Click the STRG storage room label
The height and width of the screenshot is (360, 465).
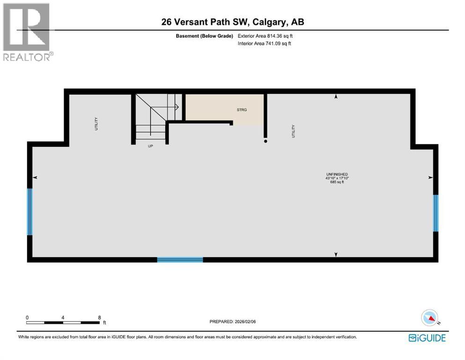(x=241, y=110)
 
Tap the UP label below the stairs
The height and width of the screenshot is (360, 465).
(x=150, y=146)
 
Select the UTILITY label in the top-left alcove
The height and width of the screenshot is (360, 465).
(x=96, y=123)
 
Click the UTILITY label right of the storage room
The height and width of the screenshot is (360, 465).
(x=294, y=130)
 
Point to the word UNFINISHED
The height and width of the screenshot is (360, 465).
(x=337, y=174)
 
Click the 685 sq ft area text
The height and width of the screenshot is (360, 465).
(x=337, y=182)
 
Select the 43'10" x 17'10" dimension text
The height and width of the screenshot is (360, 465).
(x=337, y=178)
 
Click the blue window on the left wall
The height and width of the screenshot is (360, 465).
(x=30, y=212)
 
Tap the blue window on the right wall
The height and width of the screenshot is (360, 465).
(x=435, y=213)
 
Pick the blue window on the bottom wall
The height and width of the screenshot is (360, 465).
(x=180, y=259)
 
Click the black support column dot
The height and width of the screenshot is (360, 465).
(x=266, y=141)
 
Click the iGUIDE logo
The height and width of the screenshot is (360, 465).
(x=427, y=337)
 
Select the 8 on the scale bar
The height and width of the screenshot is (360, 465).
(x=99, y=317)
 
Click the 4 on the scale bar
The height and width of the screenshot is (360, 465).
(x=63, y=317)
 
